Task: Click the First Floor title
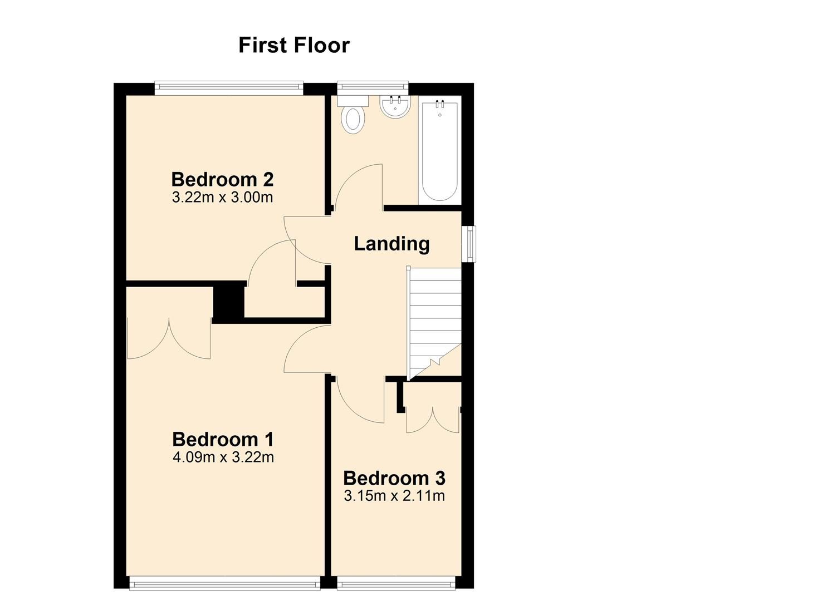click(294, 45)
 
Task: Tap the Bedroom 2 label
click(222, 179)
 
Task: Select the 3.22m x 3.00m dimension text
click(222, 198)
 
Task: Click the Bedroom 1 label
click(223, 440)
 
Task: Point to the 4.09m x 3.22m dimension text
click(223, 457)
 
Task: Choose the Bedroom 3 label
click(394, 478)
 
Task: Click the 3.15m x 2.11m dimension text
click(394, 496)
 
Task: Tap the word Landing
click(392, 244)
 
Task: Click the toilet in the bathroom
click(353, 115)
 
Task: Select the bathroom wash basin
click(395, 107)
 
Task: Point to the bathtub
click(440, 150)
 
